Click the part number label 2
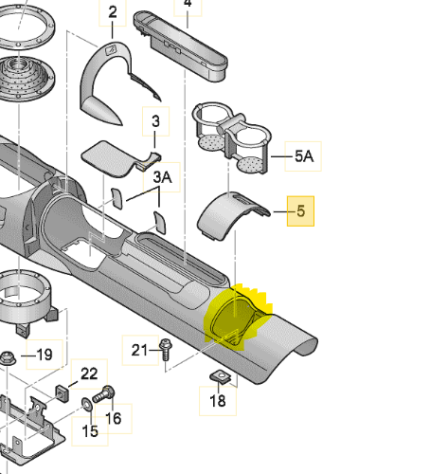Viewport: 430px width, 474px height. pos(113,13)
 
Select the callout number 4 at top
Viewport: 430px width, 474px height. pos(187,4)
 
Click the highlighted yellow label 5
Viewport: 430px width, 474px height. pos(301,212)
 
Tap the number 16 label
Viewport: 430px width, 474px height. pos(113,417)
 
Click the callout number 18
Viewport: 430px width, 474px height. pos(218,401)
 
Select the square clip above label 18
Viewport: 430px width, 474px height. pos(219,376)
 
